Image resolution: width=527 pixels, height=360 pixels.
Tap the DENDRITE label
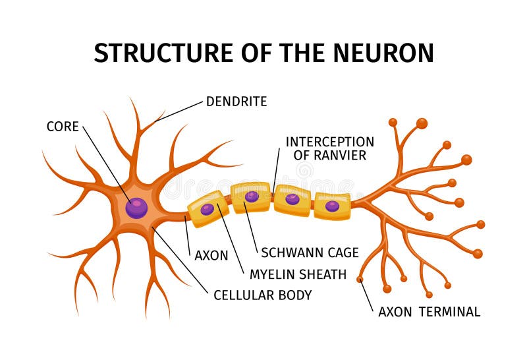point(236,102)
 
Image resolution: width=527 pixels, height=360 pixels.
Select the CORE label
point(63,126)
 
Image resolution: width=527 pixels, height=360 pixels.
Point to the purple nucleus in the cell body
point(137,208)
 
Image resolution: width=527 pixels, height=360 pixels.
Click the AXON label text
point(211,255)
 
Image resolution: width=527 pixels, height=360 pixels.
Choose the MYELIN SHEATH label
point(297,274)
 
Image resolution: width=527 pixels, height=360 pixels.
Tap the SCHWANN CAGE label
point(310,253)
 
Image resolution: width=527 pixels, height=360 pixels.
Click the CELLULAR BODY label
point(262,295)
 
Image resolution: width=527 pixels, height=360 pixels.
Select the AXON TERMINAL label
point(429,312)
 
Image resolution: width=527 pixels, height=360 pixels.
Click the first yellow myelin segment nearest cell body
point(208,209)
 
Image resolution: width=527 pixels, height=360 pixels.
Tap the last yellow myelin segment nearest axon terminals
point(332,206)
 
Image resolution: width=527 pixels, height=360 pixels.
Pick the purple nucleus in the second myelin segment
point(252,196)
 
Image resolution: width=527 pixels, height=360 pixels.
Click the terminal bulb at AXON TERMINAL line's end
point(360,280)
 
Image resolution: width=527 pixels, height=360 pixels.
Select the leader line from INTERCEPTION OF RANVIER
point(276,168)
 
